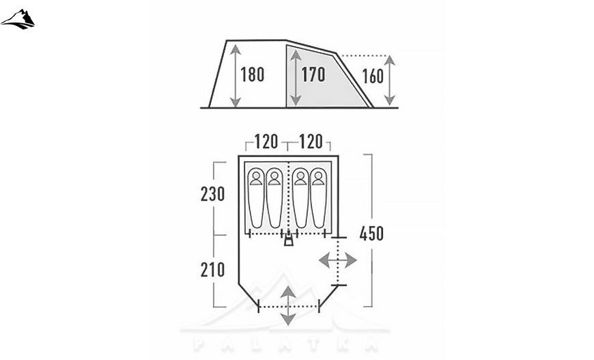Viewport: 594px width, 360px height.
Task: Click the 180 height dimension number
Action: [253, 74]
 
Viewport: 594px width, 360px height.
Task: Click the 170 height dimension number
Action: [313, 74]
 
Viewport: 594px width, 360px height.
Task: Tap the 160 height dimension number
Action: [373, 77]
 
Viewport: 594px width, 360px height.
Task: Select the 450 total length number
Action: [371, 234]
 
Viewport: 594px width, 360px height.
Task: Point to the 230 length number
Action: [212, 194]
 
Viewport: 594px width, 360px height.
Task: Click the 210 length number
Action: [212, 270]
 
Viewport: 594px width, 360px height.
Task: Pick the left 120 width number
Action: [266, 142]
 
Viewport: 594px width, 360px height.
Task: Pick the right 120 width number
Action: [311, 142]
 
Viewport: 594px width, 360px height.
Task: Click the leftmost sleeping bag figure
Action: [256, 198]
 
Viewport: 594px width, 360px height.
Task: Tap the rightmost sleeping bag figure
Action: [318, 198]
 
